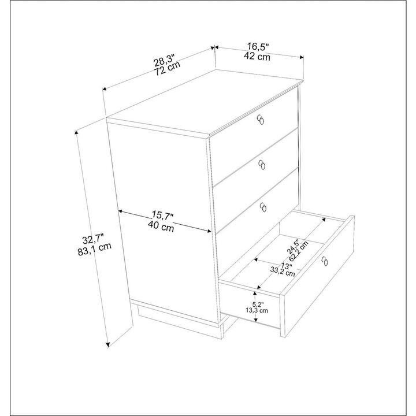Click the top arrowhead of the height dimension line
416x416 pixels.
pyautogui.click(x=77, y=132)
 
